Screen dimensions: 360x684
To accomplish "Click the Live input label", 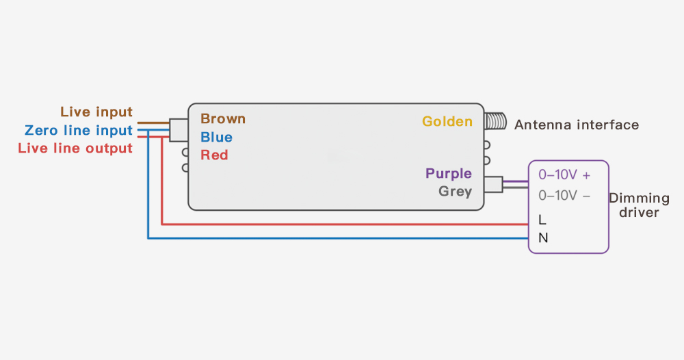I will pos(96,112).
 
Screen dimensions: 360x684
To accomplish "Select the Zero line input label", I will pos(79,130).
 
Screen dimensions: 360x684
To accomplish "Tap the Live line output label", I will pos(75,148).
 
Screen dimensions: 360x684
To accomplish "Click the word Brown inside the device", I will pos(223,119).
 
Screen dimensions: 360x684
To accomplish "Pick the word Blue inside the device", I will pos(216,138).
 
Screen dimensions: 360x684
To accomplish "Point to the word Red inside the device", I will pos(214,155).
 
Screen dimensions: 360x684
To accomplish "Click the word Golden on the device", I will pos(447,122).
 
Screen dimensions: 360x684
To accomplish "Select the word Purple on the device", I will pos(449,174).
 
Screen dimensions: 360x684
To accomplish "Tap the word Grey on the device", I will pos(456,192).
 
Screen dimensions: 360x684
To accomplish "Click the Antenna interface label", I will pos(577,125).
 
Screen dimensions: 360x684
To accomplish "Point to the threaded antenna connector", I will pos(495,122).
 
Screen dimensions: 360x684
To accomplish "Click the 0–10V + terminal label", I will pos(564,175).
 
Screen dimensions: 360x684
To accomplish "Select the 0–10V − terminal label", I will pos(564,196).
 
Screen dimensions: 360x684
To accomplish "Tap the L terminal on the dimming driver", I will pos(542,220).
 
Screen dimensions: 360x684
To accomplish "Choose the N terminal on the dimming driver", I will pos(543,238).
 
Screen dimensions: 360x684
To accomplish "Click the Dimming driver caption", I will pos(640,205).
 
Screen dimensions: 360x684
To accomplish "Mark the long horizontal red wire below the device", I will pos(342,224).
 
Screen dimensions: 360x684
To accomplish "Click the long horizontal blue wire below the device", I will pos(342,238).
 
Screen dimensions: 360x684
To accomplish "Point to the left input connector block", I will pos(179,130).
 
